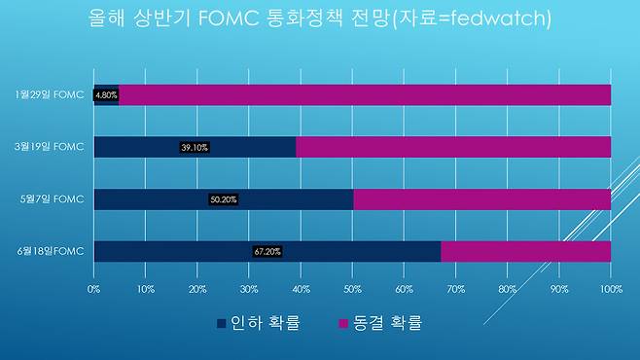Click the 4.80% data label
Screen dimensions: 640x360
coord(106,95)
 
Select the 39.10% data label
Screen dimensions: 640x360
coord(195,147)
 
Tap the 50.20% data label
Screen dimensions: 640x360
coord(224,199)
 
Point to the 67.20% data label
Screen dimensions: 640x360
coord(267,252)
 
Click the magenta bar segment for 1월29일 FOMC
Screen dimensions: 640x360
coord(365,95)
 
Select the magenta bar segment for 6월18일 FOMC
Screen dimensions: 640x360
coord(525,251)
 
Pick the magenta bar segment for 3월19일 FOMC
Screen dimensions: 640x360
coord(453,147)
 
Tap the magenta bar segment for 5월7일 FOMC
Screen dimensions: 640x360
coord(482,199)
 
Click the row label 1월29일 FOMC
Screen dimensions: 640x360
coord(50,94)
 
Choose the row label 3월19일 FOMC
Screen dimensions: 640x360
coord(50,147)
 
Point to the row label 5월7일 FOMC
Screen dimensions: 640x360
coord(53,199)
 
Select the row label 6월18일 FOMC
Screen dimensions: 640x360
coord(51,251)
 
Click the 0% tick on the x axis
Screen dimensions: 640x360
coord(93,289)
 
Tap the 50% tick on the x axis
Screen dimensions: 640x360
coord(352,289)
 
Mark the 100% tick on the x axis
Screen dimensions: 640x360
coord(611,289)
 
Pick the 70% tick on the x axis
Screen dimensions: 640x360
coord(455,289)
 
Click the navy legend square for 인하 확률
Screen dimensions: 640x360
coord(221,324)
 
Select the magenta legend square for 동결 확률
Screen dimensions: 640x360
coord(343,324)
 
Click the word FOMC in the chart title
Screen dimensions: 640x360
coord(229,18)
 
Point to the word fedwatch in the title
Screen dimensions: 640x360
coord(495,18)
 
